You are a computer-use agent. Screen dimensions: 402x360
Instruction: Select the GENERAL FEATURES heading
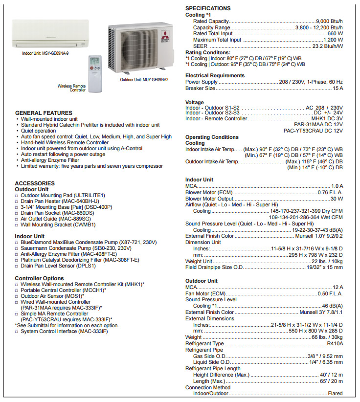coord(44,113)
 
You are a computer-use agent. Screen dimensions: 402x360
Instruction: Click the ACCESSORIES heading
coord(35,183)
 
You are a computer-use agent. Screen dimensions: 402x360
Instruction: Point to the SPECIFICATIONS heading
coord(208,8)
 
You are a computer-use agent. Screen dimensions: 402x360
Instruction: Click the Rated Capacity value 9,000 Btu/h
coord(330,22)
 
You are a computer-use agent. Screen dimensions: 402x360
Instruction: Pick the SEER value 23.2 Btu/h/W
coord(328,46)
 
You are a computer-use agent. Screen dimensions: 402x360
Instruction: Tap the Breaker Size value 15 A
coord(337,89)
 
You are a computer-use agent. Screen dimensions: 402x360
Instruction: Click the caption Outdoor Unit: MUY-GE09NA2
coord(144,79)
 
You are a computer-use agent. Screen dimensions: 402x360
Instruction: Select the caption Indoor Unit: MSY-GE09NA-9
coord(45,53)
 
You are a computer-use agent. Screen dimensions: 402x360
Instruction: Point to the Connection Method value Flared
coord(335,394)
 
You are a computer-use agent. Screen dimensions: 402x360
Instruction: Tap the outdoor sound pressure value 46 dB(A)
coord(332,306)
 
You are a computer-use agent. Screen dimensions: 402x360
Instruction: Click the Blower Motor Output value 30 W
coord(337,199)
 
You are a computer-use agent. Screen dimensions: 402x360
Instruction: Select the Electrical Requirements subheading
coord(215,76)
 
